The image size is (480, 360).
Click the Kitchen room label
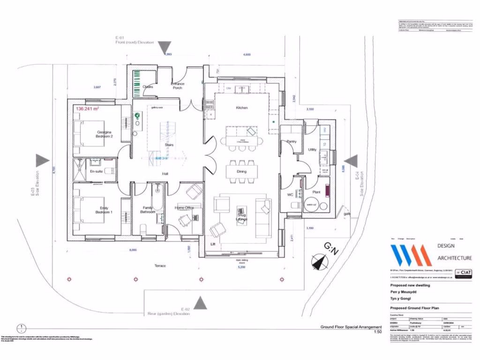click(241, 108)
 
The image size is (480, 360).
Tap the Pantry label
click(292, 141)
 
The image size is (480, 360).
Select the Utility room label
click(312, 150)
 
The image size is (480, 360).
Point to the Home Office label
click(184, 208)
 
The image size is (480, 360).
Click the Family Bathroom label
click(147, 210)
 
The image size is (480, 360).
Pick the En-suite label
click(96, 172)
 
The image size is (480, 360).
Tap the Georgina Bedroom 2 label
click(104, 134)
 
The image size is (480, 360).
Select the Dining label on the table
click(241, 172)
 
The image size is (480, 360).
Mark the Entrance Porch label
click(178, 86)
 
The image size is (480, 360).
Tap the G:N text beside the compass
click(331, 249)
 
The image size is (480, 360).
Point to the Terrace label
click(160, 266)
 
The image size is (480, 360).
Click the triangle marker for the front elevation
click(165, 47)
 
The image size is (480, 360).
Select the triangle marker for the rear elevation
click(201, 303)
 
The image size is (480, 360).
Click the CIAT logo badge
click(464, 272)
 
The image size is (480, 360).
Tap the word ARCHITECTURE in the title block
click(454, 258)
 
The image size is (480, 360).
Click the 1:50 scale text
click(377, 332)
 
